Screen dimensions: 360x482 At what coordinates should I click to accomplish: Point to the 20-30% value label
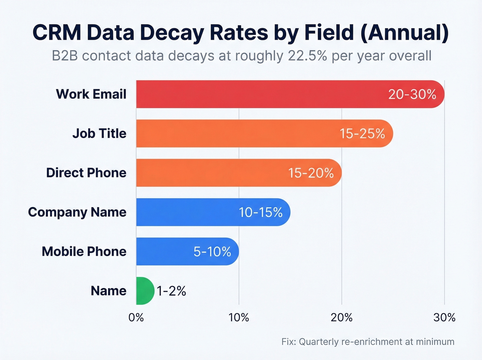point(412,94)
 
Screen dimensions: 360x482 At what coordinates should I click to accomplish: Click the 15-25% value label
point(362,133)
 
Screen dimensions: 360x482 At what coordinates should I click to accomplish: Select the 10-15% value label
point(261,212)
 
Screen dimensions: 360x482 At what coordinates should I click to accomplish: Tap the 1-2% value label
point(171,291)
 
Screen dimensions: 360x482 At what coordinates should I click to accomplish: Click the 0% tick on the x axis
point(136,317)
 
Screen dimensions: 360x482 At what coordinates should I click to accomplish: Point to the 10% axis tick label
point(239,317)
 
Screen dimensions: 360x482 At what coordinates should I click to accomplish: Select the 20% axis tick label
point(342,317)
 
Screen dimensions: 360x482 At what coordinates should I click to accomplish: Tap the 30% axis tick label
point(444,317)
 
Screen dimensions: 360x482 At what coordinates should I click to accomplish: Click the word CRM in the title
point(57,32)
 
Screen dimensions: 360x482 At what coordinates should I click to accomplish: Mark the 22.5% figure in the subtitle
point(307,56)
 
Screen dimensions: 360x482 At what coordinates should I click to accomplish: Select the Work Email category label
point(91,94)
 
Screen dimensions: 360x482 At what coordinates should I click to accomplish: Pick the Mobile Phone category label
point(84,251)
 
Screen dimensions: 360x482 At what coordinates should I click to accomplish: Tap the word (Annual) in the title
point(405,32)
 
